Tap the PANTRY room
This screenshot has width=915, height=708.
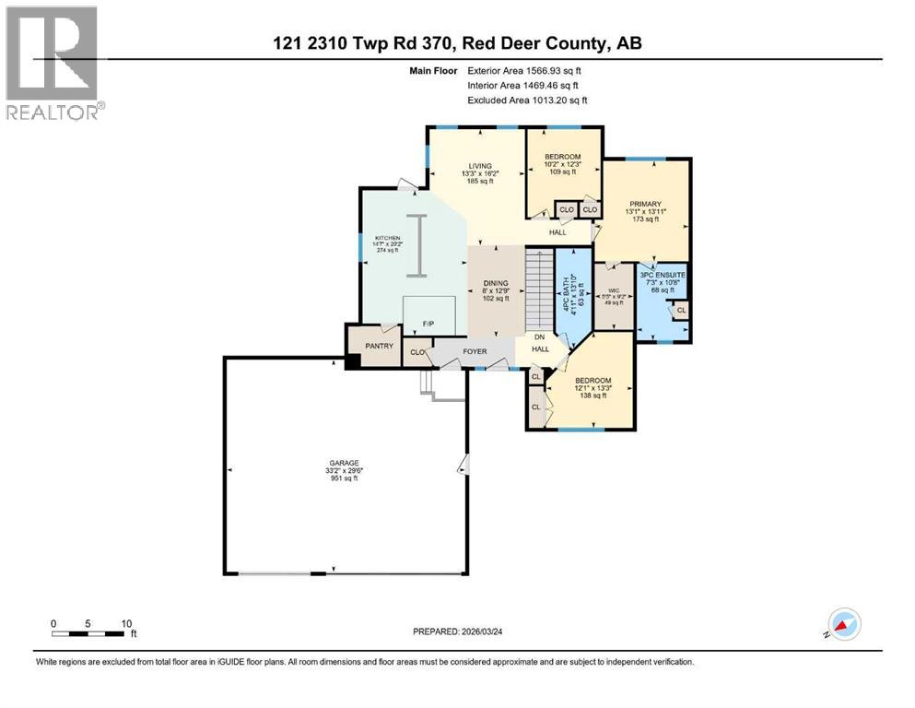379,346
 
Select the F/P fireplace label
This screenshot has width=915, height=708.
428,324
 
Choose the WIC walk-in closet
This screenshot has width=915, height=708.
612,295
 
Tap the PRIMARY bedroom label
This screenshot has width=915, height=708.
645,204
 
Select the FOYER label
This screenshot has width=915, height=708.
474,351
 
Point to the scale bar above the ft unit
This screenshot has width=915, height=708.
88,633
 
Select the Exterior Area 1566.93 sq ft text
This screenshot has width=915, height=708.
524,70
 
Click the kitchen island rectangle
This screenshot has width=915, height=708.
418,245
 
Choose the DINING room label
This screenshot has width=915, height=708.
496,285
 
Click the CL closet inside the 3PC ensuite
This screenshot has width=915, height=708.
680,310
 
